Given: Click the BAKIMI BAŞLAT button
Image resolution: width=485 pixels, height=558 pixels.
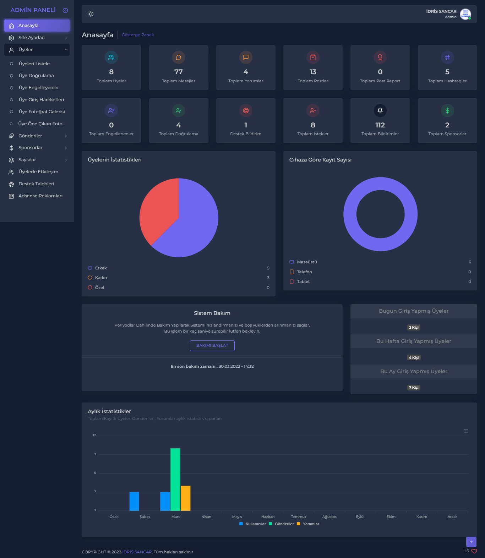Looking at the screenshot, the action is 212,345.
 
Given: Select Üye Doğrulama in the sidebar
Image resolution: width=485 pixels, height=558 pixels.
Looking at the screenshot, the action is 36,76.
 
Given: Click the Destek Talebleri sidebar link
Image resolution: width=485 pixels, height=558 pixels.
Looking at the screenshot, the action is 36,184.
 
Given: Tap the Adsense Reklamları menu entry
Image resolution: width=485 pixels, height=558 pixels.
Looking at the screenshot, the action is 40,196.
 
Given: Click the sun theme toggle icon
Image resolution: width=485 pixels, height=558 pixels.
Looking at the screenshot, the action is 91,14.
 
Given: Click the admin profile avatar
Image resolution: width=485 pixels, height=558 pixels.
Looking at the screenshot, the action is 465,14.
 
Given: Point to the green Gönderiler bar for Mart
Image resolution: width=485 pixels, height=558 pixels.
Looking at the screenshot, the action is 175,480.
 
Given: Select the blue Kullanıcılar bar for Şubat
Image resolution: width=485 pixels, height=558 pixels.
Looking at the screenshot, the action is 134,501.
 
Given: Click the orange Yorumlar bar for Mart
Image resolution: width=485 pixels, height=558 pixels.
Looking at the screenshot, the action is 186,498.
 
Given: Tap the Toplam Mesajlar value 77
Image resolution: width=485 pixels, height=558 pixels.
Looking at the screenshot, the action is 179,72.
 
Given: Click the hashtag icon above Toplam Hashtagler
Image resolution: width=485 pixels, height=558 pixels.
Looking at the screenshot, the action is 447,58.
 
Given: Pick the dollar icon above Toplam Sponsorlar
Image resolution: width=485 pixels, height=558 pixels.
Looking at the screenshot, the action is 447,111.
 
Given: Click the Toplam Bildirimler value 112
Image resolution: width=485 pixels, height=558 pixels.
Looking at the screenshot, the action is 380,125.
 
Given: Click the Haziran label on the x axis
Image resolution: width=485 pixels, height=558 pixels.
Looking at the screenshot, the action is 268,517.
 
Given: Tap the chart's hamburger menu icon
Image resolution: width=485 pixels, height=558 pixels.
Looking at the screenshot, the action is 466,431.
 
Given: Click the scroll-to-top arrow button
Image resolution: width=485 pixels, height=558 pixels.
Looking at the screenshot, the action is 471,542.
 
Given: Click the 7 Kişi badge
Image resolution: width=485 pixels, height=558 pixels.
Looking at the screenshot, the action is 414,388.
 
